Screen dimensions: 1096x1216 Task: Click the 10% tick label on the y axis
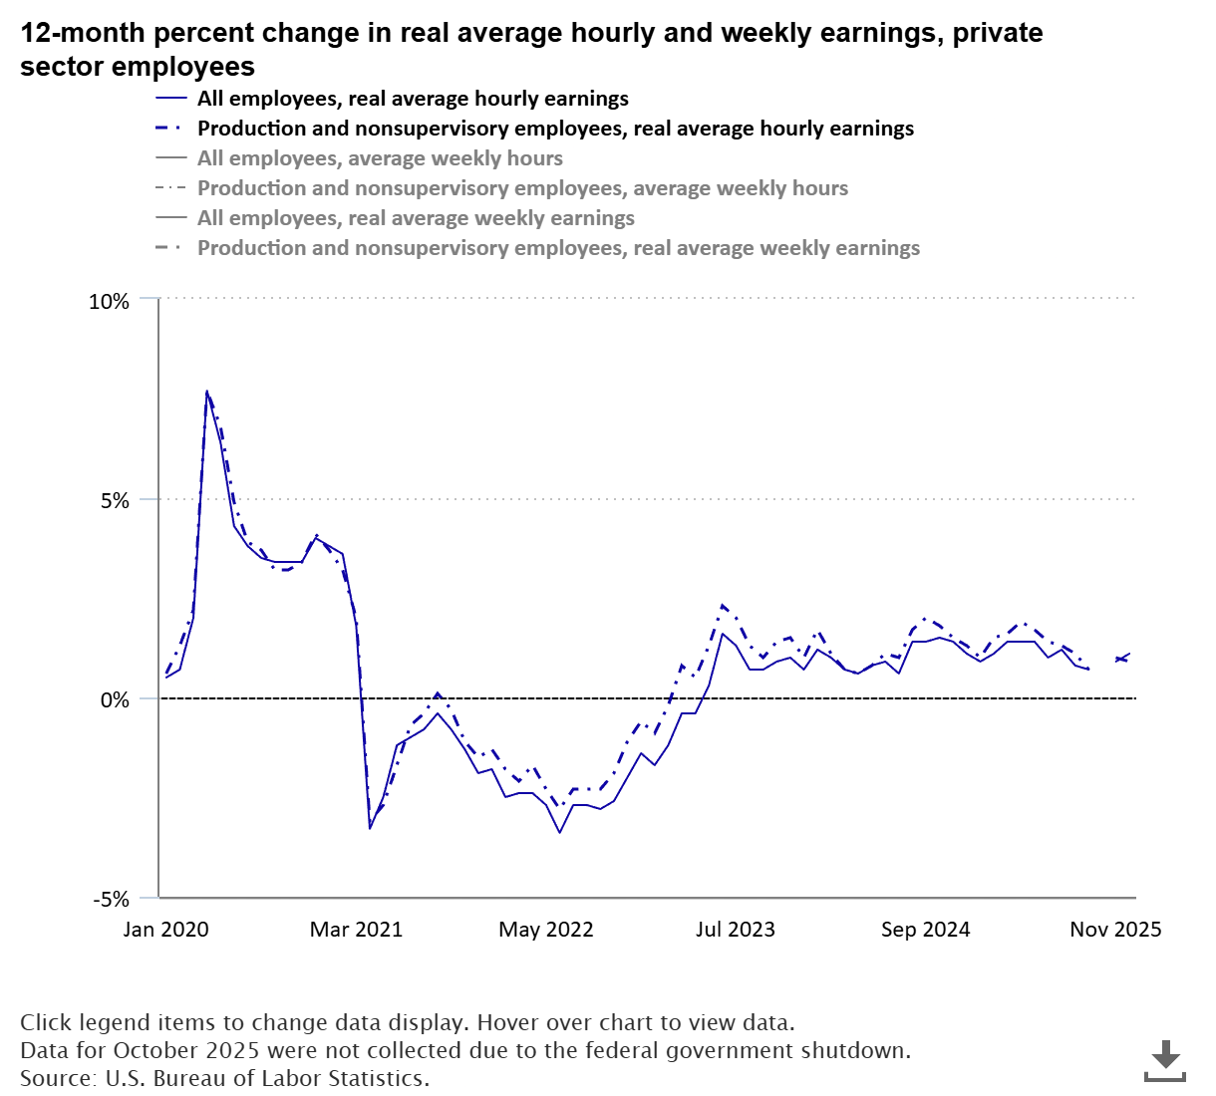coord(110,302)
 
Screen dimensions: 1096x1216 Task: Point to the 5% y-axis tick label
coord(115,501)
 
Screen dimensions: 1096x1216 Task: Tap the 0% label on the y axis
coord(115,700)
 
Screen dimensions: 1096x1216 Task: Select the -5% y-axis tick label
coord(112,900)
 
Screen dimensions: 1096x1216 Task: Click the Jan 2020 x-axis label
coord(165,930)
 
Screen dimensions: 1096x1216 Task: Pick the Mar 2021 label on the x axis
coord(356,930)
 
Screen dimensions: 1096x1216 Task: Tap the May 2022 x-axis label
coord(545,930)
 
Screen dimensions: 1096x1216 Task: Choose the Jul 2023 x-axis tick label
coord(735,930)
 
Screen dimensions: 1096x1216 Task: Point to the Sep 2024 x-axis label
coord(925,930)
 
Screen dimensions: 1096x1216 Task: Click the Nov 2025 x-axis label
coord(1114,930)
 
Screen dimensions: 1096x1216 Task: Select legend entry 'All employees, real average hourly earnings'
coord(413,99)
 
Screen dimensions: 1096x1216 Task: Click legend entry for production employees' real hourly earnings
coord(555,129)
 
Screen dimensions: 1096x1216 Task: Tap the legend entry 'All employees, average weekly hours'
coord(380,158)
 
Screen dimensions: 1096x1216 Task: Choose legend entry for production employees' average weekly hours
coord(522,188)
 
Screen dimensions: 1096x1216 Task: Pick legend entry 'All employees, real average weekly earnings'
coord(416,218)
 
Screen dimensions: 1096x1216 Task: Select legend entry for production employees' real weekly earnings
coord(558,248)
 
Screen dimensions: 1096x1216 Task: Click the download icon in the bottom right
coord(1164,1060)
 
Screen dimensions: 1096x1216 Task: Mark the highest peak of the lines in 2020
coord(206,392)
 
